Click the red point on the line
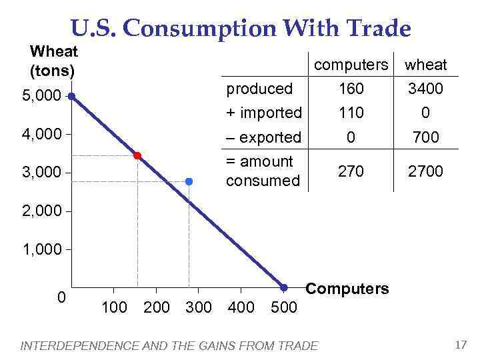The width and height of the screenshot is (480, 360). [x=137, y=155]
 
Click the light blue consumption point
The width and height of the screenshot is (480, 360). [x=189, y=181]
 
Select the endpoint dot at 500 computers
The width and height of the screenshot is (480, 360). [x=283, y=287]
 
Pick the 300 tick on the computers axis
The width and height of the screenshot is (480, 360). [x=198, y=307]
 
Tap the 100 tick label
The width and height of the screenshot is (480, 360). [x=114, y=307]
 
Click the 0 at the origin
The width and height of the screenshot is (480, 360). [x=61, y=297]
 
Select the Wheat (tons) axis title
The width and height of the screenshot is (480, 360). [x=54, y=60]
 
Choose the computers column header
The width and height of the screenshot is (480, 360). [x=351, y=65]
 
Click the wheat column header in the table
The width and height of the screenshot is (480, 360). [x=426, y=65]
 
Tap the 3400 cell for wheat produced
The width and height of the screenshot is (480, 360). [x=426, y=89]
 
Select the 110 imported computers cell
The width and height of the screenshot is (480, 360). [x=351, y=113]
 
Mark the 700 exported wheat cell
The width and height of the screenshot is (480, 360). [x=426, y=137]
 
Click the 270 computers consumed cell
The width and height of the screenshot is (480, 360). [x=351, y=171]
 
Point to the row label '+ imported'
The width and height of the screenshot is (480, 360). [x=264, y=113]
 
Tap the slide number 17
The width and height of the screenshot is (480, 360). [x=460, y=345]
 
